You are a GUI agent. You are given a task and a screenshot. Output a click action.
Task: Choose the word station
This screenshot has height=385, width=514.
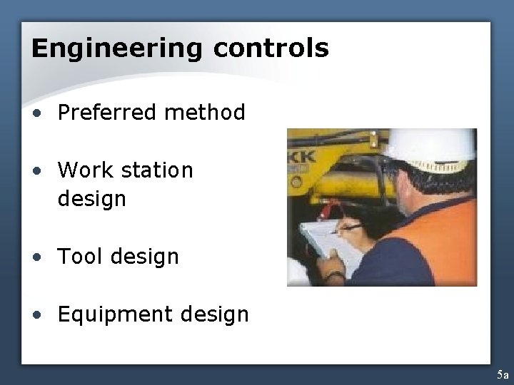click(x=158, y=170)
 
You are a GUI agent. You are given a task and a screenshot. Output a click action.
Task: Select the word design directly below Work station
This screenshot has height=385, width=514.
click(x=91, y=199)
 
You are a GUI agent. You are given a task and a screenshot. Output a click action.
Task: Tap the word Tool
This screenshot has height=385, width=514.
click(x=80, y=256)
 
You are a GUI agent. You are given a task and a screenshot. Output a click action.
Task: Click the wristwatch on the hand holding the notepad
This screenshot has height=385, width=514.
click(x=334, y=274)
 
